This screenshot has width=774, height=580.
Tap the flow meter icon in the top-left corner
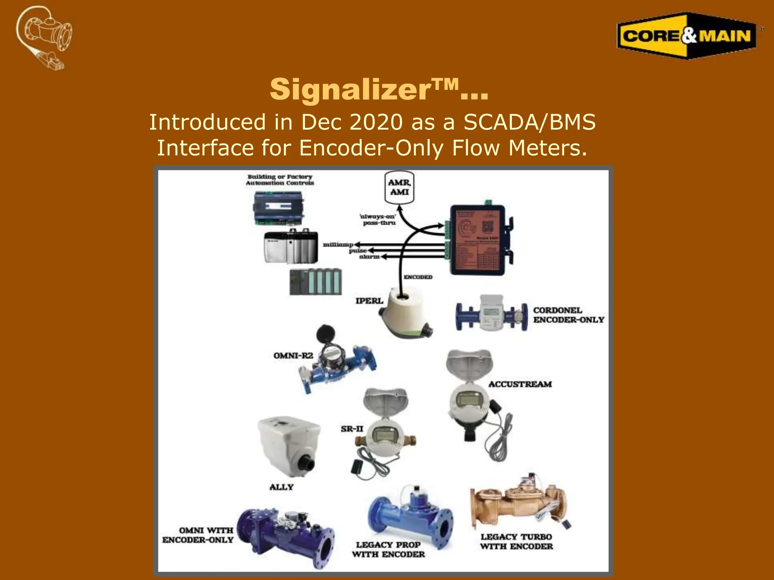click(x=45, y=37)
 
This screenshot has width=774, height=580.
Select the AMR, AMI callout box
click(x=399, y=187)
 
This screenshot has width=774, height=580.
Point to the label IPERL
click(x=369, y=301)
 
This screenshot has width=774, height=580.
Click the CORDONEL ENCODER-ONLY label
click(x=568, y=315)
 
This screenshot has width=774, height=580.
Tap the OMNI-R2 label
click(x=293, y=356)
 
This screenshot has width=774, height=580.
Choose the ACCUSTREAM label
click(x=520, y=384)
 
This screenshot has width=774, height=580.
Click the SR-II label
click(x=352, y=429)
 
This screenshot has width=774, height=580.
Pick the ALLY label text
click(x=282, y=487)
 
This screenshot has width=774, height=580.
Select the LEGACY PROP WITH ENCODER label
click(x=389, y=549)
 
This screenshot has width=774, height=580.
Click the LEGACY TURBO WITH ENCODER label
click(x=516, y=541)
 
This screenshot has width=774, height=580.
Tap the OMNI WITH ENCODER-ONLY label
click(x=198, y=535)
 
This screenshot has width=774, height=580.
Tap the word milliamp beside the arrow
click(x=337, y=245)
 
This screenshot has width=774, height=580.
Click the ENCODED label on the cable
click(x=418, y=277)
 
